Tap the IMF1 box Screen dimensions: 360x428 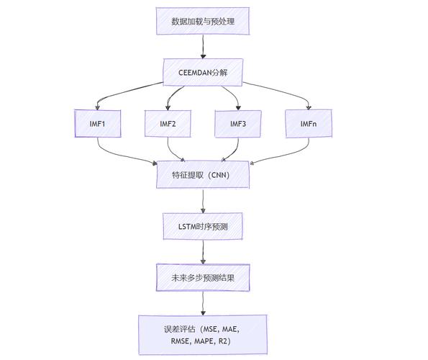[97, 123]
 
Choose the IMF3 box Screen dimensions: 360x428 [237, 123]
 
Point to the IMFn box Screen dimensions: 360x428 [308, 123]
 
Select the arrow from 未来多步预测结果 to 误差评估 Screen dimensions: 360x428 [203, 302]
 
